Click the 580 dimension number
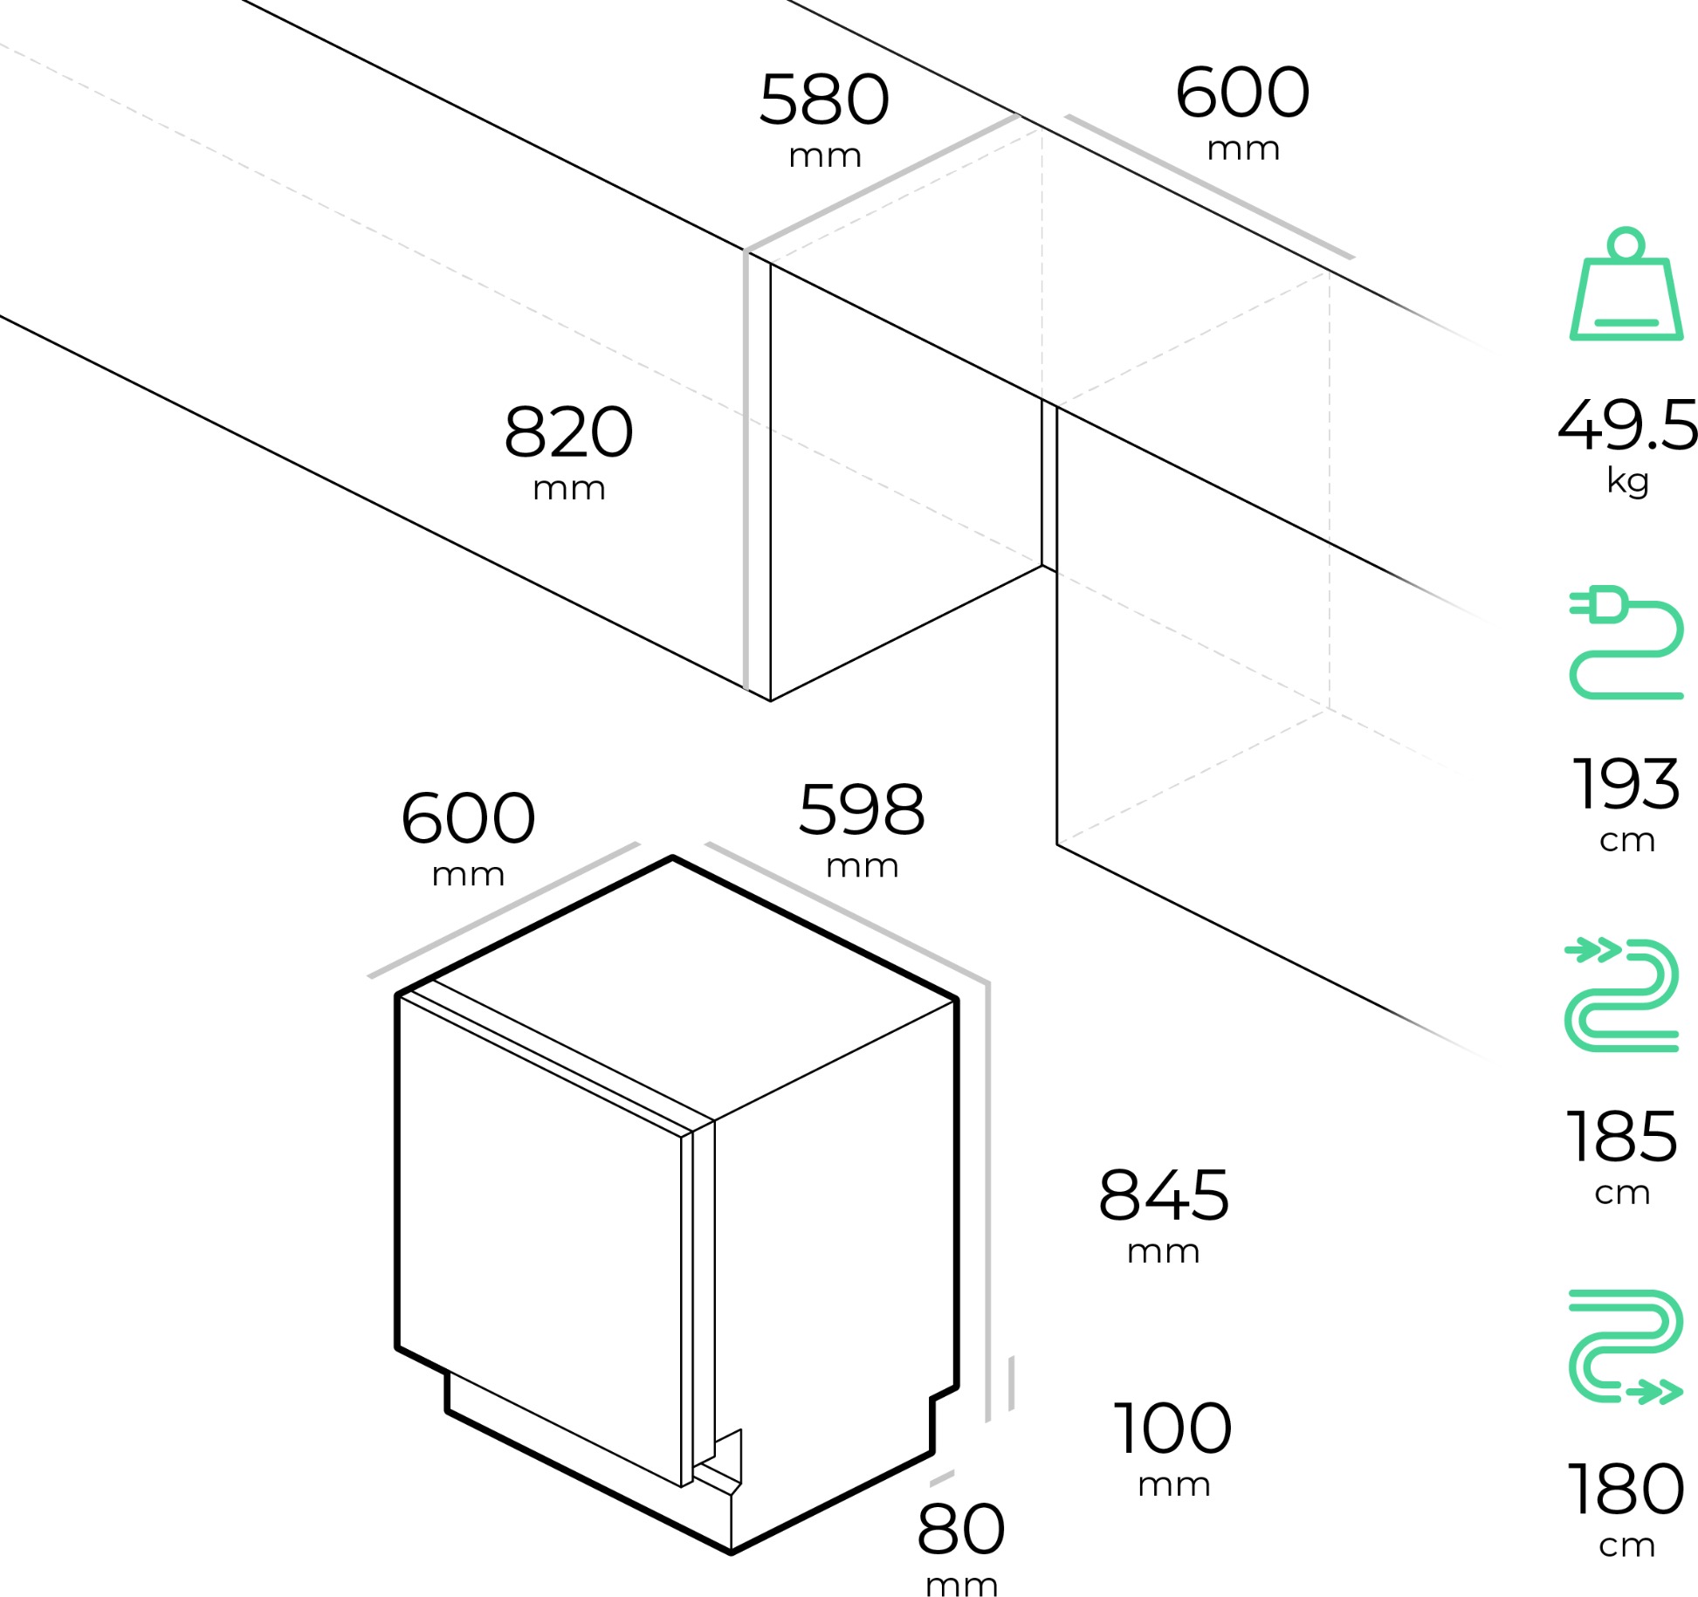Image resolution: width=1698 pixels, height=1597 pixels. [x=823, y=100]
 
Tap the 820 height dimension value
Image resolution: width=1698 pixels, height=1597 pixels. [x=568, y=432]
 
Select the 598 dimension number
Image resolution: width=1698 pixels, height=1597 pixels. [x=861, y=810]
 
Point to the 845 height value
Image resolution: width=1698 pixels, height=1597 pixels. [x=1163, y=1195]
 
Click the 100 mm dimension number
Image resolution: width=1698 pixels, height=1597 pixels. [x=1172, y=1428]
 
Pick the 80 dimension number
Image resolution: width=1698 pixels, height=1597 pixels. [x=960, y=1529]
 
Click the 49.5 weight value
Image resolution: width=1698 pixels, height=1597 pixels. [x=1627, y=426]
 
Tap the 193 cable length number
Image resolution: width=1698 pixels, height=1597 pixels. [x=1626, y=784]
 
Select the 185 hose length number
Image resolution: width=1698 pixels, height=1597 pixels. [x=1621, y=1137]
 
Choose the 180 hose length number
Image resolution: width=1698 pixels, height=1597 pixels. [x=1626, y=1490]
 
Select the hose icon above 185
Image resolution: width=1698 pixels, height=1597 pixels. [x=1622, y=995]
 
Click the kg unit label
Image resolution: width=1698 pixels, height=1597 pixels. [x=1627, y=480]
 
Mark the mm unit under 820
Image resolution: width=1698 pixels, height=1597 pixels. [x=568, y=489]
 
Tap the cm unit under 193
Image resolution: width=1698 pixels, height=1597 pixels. [x=1626, y=841]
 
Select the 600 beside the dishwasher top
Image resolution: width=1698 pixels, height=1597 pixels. [x=468, y=818]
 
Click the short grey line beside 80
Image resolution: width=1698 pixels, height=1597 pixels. [x=941, y=1478]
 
